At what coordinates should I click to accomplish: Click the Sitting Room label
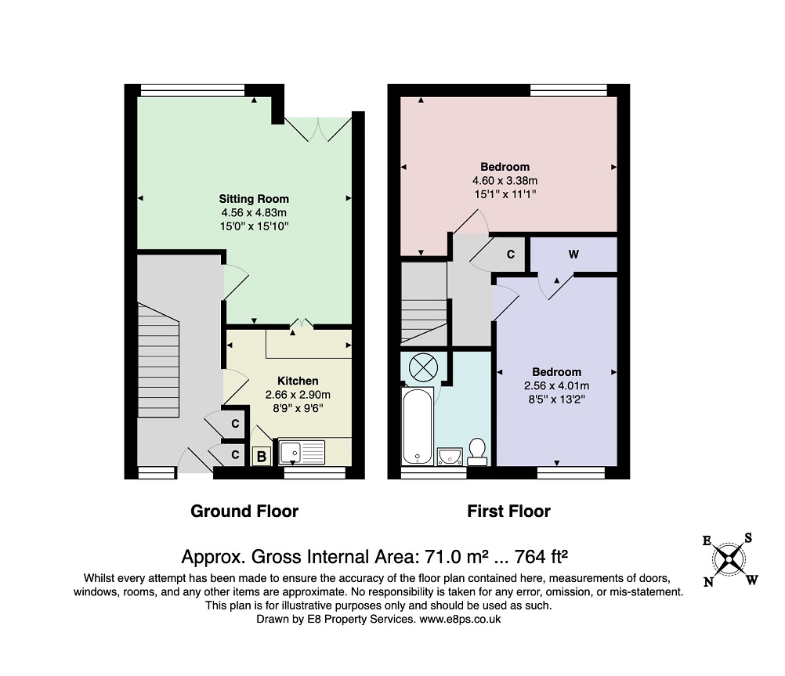point(254,199)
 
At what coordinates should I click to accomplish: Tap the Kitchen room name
point(298,381)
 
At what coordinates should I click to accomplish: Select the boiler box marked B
point(262,456)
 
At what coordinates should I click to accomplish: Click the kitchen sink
point(302,452)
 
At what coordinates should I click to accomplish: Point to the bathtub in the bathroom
point(418,425)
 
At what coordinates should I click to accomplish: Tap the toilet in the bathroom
point(477,452)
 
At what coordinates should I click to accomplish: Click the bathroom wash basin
point(450,457)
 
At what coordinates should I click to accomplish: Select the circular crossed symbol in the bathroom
point(424,367)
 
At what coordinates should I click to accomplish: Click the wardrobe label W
point(573,255)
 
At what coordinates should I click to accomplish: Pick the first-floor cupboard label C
point(511,255)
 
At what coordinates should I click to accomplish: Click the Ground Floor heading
point(244,512)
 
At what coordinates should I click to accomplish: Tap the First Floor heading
point(508,512)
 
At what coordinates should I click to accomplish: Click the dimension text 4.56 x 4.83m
point(254,213)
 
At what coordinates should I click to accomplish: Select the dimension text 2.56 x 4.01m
point(557,386)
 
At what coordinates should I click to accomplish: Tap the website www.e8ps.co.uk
point(460,619)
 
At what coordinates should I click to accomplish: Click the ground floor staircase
point(158,360)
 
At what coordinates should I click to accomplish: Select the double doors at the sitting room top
point(318,130)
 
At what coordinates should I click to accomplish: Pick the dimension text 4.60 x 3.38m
point(505,181)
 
